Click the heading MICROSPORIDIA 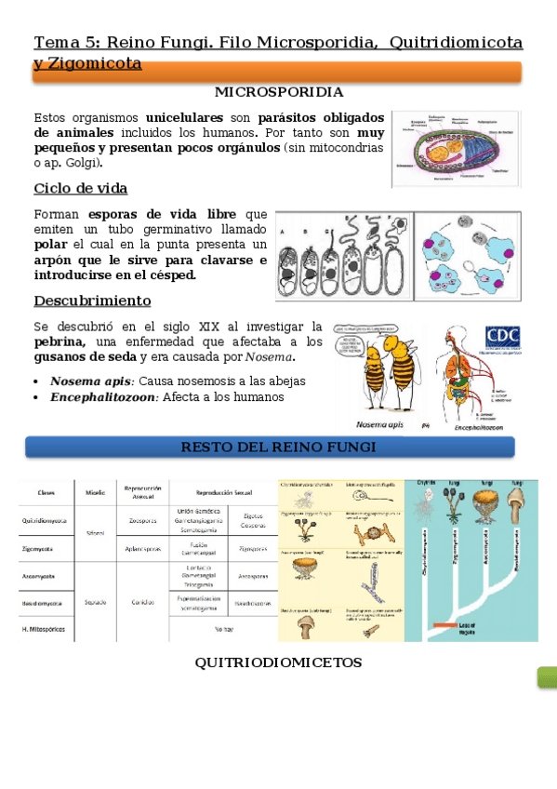pos(278,92)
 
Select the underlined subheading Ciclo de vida pos(80,189)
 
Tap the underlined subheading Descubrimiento pos(92,301)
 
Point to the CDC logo pos(502,337)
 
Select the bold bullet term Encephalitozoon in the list pos(104,397)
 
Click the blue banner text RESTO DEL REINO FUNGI pos(278,448)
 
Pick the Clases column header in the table pos(46,493)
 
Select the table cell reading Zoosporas pos(143,521)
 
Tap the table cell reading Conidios pos(143,602)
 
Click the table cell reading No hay pos(223,631)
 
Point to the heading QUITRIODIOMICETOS pos(278,662)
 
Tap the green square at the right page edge pos(547,677)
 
